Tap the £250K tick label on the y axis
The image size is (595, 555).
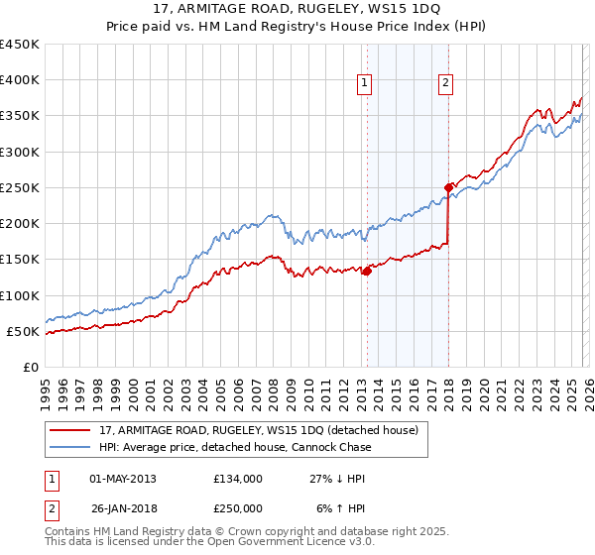[x=19, y=187]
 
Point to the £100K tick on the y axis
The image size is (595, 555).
[x=19, y=295]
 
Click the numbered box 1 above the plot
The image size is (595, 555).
[x=366, y=84]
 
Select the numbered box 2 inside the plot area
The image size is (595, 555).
[x=446, y=84]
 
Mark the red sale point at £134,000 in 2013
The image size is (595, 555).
[x=366, y=270]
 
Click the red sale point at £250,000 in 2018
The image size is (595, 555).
[x=448, y=186]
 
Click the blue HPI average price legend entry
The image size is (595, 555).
[x=235, y=447]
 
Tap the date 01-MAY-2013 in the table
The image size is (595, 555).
[x=122, y=478]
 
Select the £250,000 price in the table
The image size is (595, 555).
[x=238, y=507]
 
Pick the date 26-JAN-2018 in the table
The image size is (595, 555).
[x=122, y=507]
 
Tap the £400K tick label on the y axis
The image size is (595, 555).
[x=19, y=80]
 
